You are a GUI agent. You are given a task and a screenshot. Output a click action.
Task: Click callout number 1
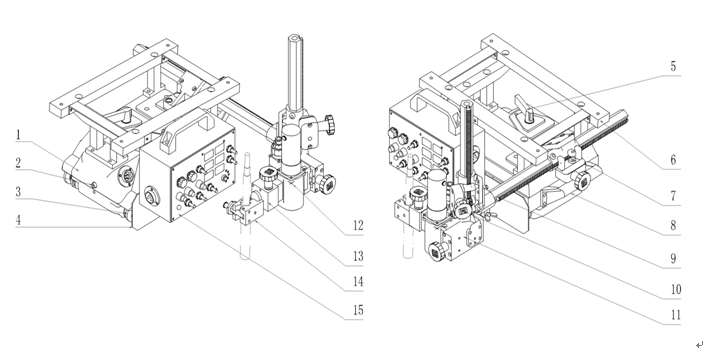(18, 135)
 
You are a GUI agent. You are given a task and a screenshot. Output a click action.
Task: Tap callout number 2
(18, 163)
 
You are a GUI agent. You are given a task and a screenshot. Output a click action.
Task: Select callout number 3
(18, 192)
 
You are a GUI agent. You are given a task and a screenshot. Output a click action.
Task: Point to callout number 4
(18, 220)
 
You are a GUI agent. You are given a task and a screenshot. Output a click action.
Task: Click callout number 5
(673, 66)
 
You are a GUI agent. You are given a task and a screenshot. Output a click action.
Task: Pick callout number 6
(673, 160)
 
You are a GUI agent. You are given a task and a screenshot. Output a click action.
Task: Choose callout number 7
(673, 196)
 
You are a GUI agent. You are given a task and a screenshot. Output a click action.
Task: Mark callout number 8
(673, 226)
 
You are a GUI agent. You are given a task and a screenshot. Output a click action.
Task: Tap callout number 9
(673, 259)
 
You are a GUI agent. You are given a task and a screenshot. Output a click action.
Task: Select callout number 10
(675, 290)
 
